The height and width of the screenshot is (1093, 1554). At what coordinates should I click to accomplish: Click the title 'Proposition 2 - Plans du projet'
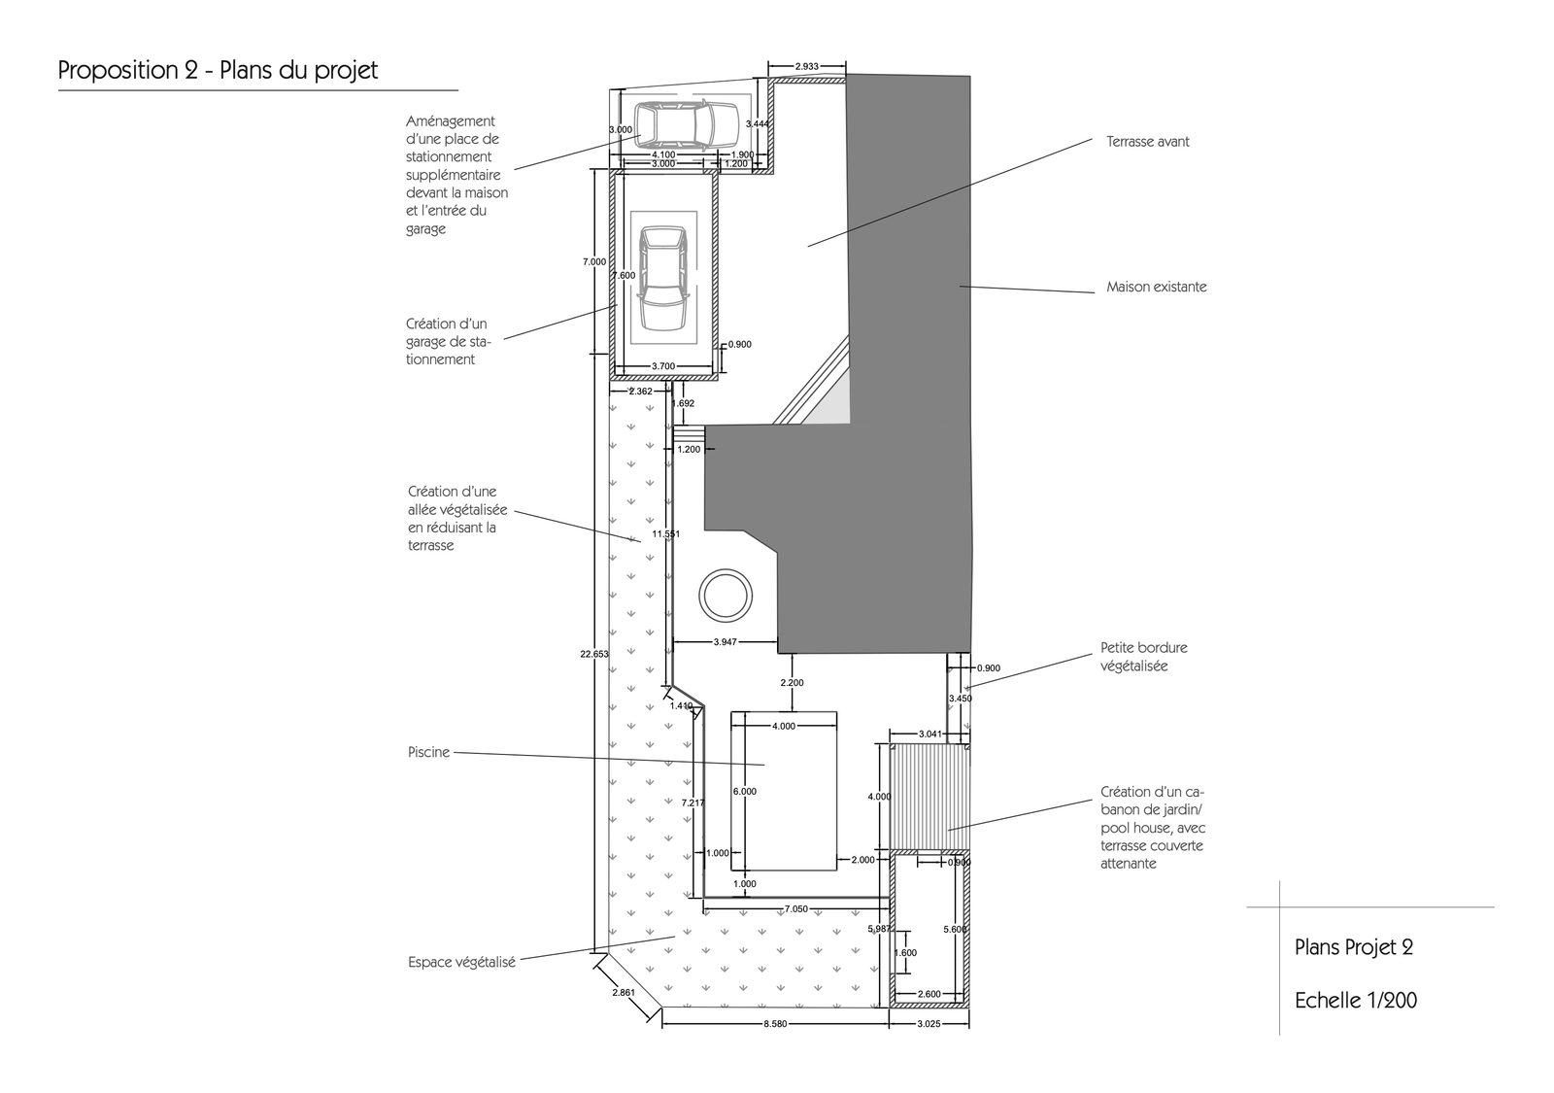pyautogui.click(x=218, y=71)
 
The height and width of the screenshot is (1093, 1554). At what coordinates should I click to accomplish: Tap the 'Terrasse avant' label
pyautogui.click(x=1147, y=142)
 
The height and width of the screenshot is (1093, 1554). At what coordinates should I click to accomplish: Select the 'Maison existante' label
pyautogui.click(x=1157, y=287)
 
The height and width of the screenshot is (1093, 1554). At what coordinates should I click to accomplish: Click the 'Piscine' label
pyautogui.click(x=428, y=752)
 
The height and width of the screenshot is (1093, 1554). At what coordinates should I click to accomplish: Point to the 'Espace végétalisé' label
pyautogui.click(x=461, y=963)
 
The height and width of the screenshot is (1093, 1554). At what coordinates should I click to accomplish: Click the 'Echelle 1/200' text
pyautogui.click(x=1356, y=1000)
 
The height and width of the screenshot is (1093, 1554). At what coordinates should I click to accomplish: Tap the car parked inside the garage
pyautogui.click(x=664, y=278)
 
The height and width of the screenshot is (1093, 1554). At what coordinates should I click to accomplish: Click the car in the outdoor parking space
pyautogui.click(x=686, y=125)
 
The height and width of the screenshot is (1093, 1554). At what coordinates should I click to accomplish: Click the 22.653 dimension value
pyautogui.click(x=594, y=654)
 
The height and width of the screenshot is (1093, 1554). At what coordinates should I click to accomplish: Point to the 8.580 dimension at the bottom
pyautogui.click(x=775, y=1024)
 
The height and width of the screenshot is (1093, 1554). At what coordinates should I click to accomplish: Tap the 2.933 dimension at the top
pyautogui.click(x=806, y=67)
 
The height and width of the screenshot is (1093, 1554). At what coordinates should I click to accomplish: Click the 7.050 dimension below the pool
pyautogui.click(x=795, y=908)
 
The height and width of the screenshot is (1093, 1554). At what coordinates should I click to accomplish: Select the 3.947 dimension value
pyautogui.click(x=725, y=642)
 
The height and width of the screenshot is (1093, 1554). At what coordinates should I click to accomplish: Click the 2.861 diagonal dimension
pyautogui.click(x=624, y=992)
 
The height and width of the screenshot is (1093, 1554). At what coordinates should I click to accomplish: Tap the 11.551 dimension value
pyautogui.click(x=666, y=533)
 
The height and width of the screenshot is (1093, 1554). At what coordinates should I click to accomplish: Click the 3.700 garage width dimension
pyautogui.click(x=663, y=365)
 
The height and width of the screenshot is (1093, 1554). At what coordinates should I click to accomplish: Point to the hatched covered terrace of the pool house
pyautogui.click(x=929, y=797)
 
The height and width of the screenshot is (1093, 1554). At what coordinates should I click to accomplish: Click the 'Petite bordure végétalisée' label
pyautogui.click(x=1144, y=657)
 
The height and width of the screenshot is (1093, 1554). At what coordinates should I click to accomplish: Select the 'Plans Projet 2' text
pyautogui.click(x=1354, y=947)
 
